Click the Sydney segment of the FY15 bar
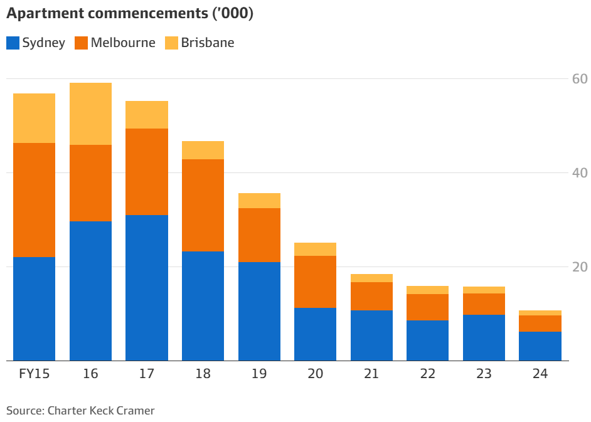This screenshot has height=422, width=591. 34,309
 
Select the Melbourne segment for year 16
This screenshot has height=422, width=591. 90,183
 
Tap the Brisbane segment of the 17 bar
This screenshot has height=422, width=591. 147,115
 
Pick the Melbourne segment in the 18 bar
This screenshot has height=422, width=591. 203,205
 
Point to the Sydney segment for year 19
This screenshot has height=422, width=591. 259,311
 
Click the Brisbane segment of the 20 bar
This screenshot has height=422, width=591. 315,249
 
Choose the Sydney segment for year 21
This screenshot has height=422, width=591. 371,335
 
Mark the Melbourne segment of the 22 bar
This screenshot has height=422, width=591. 427,307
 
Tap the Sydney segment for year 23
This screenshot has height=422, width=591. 484,337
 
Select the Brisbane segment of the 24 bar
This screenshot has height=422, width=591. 540,313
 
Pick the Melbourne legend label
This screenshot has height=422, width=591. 123,43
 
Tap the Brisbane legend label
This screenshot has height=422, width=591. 208,43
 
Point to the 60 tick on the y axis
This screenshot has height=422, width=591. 579,79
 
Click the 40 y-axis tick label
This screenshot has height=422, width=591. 579,173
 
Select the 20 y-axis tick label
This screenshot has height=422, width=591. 579,267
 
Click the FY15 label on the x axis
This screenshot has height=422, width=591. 34,374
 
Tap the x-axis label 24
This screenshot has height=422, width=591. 540,374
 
